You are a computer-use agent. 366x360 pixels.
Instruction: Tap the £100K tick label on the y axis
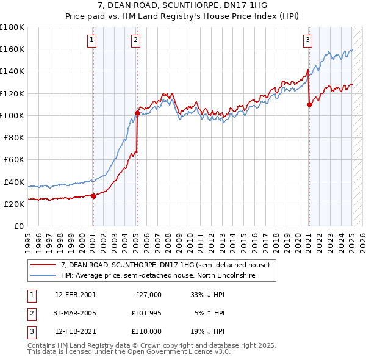coord(12,115)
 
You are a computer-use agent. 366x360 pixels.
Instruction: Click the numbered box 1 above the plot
coord(92,41)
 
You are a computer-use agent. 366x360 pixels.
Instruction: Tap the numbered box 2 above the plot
coord(135,41)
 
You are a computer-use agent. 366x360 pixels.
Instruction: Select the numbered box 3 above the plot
coord(308,41)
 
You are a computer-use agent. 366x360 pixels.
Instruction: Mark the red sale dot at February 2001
coord(93,196)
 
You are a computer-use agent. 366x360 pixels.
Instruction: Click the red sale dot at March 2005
coord(137,113)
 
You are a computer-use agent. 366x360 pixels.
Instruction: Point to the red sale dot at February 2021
coord(309,104)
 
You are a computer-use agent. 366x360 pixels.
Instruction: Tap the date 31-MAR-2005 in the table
coord(75,313)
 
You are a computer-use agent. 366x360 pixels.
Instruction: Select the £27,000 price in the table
coord(148,294)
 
